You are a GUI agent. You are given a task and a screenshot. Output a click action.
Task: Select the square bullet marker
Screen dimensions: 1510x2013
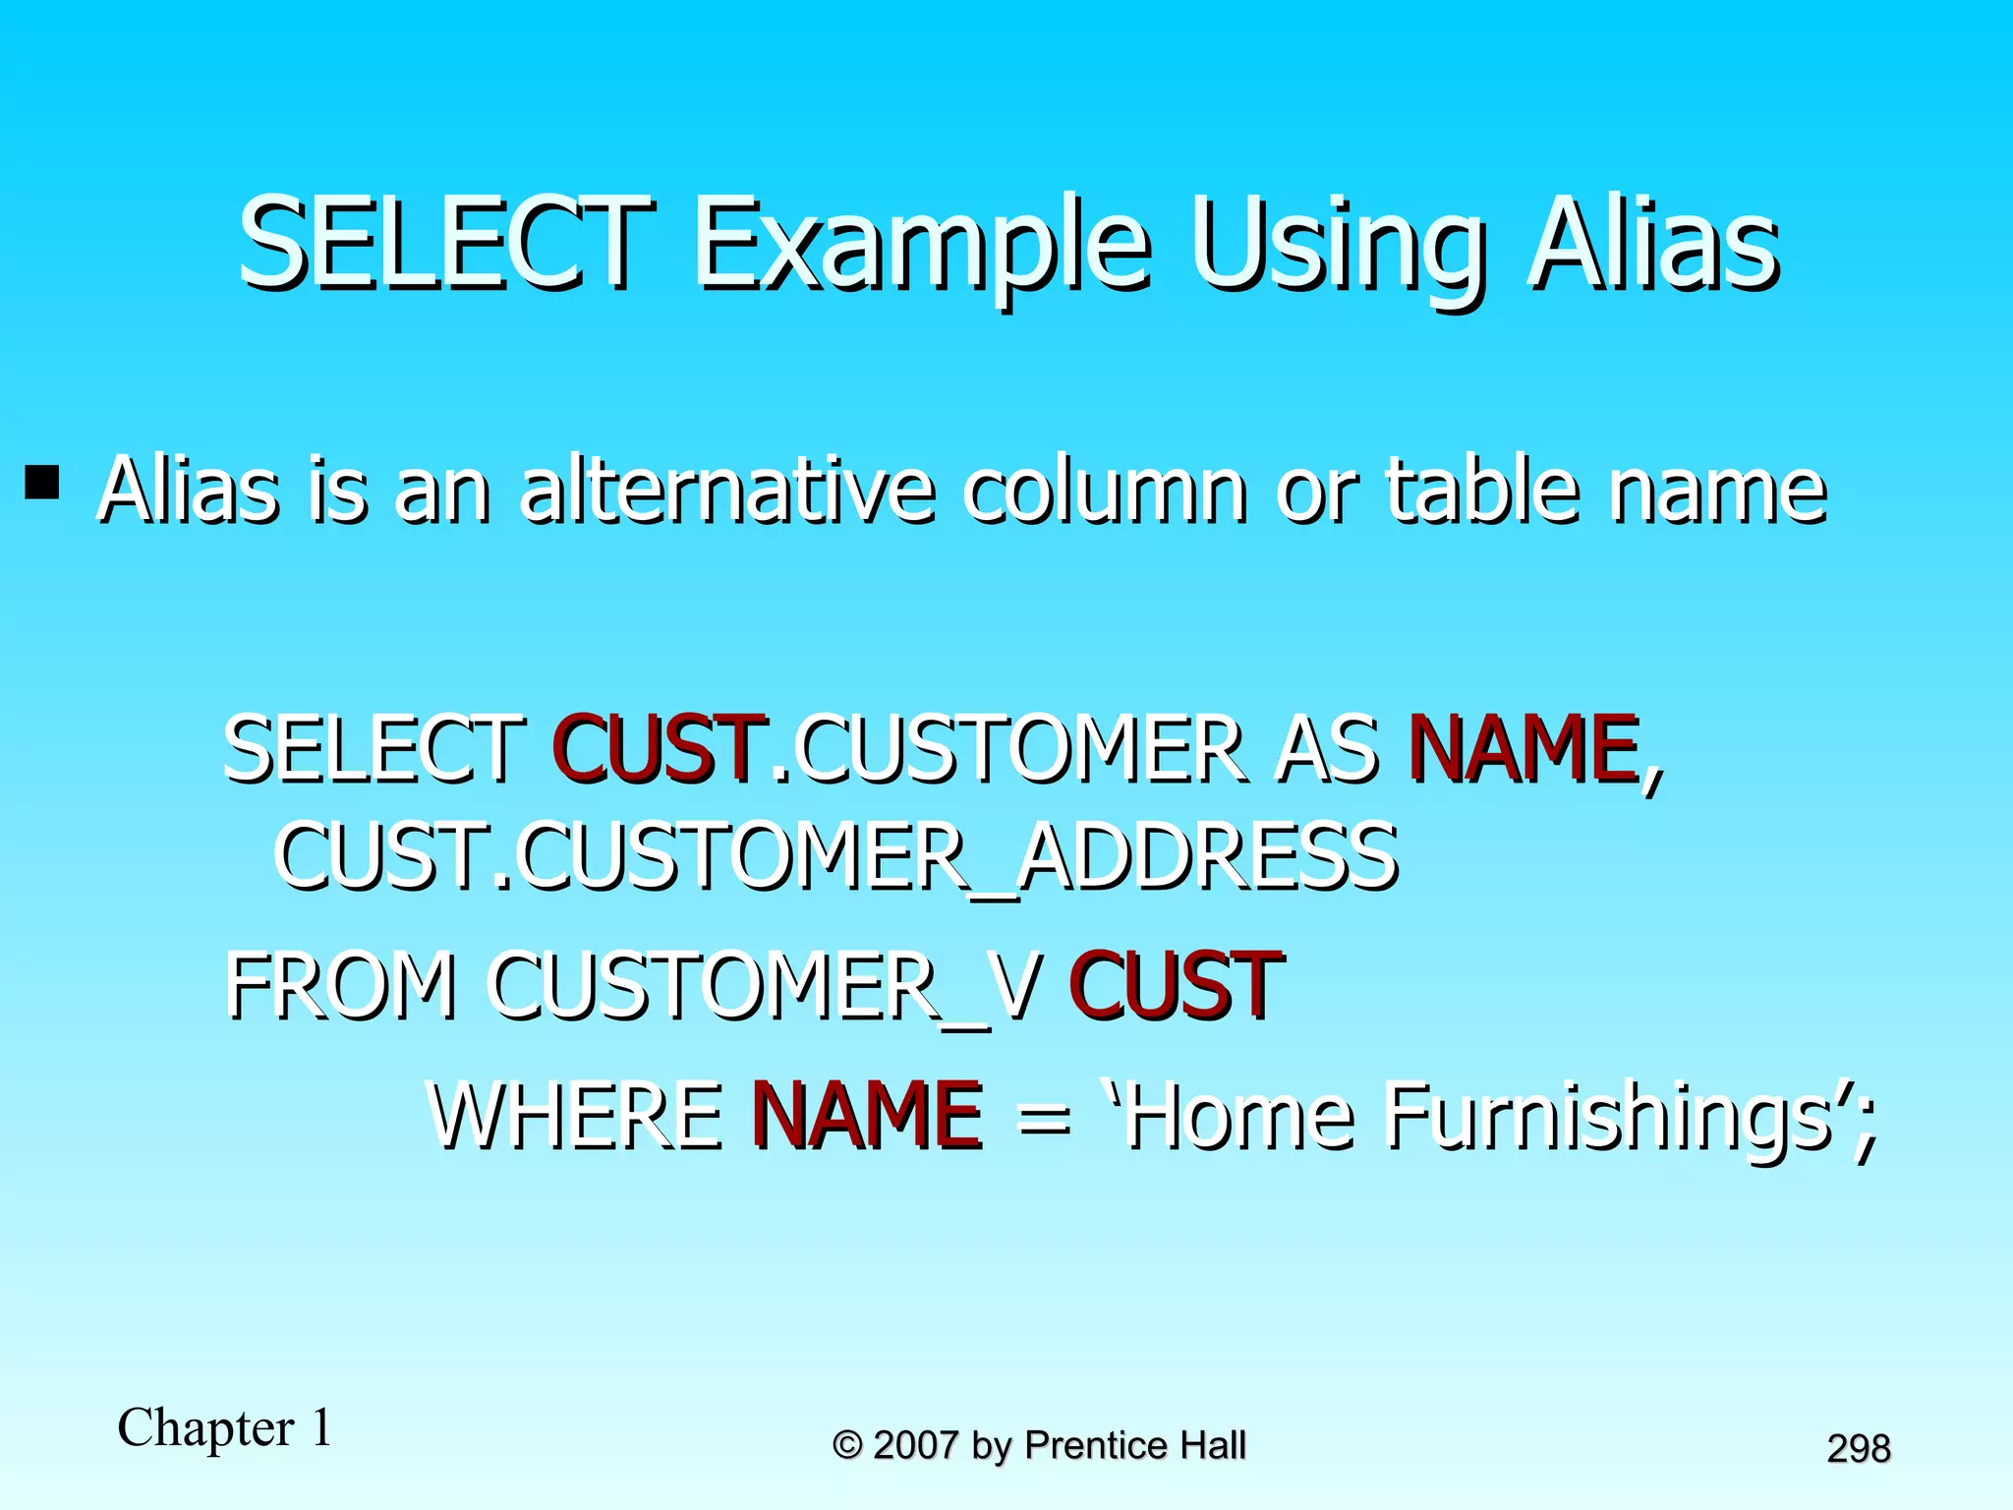(x=42, y=482)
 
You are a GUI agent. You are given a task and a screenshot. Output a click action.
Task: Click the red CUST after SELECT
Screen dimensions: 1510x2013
(x=659, y=749)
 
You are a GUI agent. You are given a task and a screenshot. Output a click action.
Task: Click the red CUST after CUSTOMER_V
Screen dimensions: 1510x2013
(x=1176, y=985)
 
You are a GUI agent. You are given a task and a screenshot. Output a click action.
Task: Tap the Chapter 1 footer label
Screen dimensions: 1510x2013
(x=225, y=1428)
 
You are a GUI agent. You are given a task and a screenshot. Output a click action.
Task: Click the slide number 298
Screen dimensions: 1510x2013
(x=1858, y=1449)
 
